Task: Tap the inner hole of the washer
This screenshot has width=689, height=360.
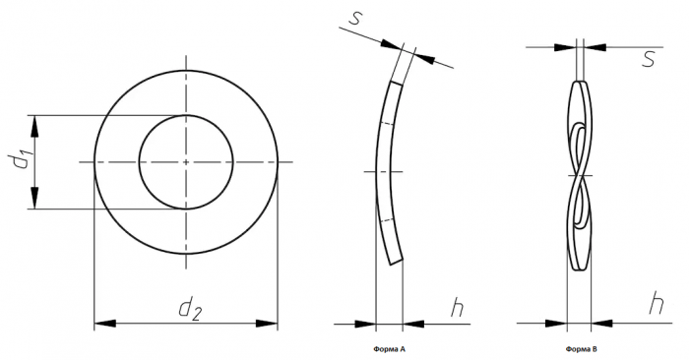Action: [140, 162]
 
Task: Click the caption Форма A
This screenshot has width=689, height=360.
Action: [390, 349]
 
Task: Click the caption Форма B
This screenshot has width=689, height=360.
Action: [582, 349]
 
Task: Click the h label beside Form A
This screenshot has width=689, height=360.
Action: [457, 307]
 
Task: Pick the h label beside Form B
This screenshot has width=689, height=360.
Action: [657, 303]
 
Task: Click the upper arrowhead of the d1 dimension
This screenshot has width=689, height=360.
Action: [34, 126]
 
